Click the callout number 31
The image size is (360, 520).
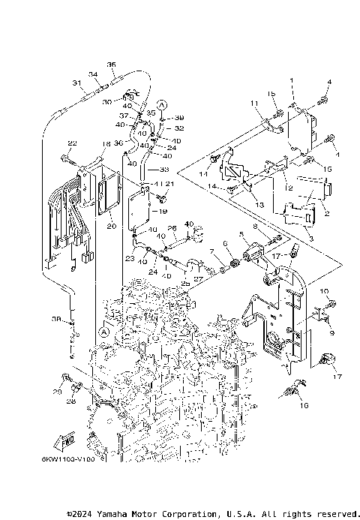point(76,83)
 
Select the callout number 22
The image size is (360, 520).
point(72,143)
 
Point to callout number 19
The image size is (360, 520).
point(163,212)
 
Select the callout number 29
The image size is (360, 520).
point(57,392)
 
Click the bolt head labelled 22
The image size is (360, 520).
point(66,158)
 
